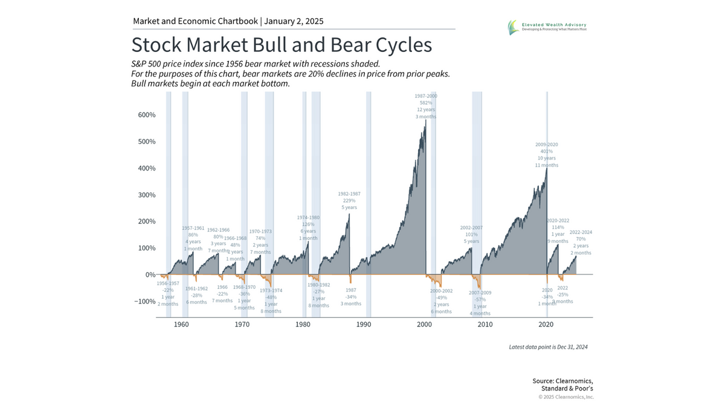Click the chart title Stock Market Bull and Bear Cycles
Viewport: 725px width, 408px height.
(x=282, y=46)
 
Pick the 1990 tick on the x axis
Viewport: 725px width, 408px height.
(x=364, y=325)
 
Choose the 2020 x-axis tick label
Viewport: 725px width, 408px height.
(x=546, y=325)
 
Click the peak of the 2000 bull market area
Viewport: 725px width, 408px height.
(x=425, y=121)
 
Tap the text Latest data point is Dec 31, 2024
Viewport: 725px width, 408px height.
(x=549, y=347)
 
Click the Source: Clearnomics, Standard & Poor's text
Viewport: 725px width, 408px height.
(x=562, y=384)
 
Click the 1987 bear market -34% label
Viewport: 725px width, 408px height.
(x=350, y=297)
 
